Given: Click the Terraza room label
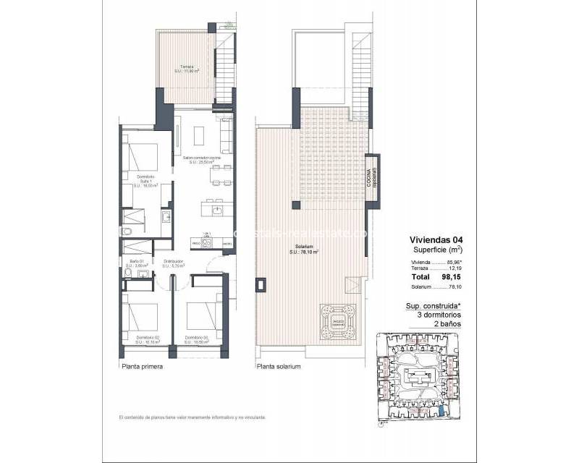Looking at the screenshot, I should click(187, 69).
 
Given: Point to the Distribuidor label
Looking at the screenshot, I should click(174, 263).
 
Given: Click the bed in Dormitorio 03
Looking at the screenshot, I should click(203, 313).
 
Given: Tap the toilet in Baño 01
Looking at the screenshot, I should click(127, 231).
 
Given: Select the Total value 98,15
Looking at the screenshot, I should click(441, 277).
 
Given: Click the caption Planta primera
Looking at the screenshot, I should click(141, 367).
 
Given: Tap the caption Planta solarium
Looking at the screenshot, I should click(278, 367).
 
